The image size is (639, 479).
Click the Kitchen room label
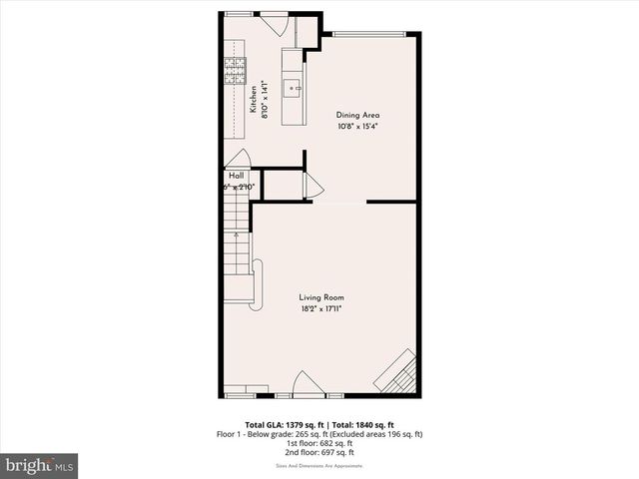pos(254,101)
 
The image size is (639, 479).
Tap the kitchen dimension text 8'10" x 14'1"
pos(266,101)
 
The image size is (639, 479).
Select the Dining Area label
pos(358,115)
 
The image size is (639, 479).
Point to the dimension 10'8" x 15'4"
pos(358,127)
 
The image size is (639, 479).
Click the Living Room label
pos(321,297)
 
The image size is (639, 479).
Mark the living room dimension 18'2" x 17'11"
pos(321,309)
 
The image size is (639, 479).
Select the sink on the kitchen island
pos(294,88)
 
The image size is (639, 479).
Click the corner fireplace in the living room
pos(396,371)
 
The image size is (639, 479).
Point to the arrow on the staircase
pos(237,237)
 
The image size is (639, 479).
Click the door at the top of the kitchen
pos(273,23)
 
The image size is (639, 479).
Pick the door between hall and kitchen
pos(238,160)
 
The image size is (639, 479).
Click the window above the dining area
pos(369,36)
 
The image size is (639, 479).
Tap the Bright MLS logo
pos(40,465)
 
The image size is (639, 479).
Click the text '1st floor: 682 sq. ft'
pos(320,443)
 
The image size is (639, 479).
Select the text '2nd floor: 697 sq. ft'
pos(320,452)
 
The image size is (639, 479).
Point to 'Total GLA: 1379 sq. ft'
pos(281,425)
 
